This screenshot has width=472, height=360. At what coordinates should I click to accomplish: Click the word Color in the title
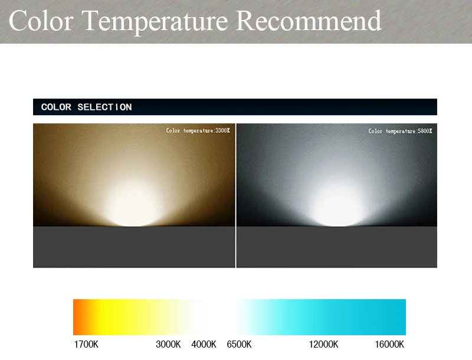click(x=41, y=21)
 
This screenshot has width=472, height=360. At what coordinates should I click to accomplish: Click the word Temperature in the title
click(x=155, y=22)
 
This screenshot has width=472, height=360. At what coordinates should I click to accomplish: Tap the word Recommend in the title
click(x=309, y=21)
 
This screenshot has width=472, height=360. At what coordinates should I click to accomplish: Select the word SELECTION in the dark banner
click(x=104, y=107)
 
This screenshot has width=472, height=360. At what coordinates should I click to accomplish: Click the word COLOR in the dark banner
click(x=56, y=107)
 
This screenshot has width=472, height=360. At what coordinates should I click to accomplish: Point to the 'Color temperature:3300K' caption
click(x=198, y=130)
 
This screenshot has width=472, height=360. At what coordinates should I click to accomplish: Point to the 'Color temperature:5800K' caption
click(x=400, y=131)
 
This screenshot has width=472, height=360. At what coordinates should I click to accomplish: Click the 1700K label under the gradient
click(x=86, y=344)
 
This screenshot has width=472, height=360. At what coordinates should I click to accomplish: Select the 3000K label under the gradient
click(x=168, y=344)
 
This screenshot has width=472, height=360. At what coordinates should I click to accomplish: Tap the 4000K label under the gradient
click(x=204, y=344)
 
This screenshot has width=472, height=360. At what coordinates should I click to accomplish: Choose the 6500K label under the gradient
click(x=239, y=344)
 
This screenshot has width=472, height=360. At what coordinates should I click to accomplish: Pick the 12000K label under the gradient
click(x=323, y=344)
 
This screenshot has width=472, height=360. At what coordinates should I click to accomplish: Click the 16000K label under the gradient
click(x=389, y=344)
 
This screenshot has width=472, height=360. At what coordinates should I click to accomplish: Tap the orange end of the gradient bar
click(x=78, y=317)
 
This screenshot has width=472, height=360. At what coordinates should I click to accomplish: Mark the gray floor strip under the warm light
click(x=134, y=247)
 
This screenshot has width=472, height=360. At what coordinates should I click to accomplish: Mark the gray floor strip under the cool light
click(x=337, y=247)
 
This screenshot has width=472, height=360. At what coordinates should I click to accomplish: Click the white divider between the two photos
click(x=235, y=195)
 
